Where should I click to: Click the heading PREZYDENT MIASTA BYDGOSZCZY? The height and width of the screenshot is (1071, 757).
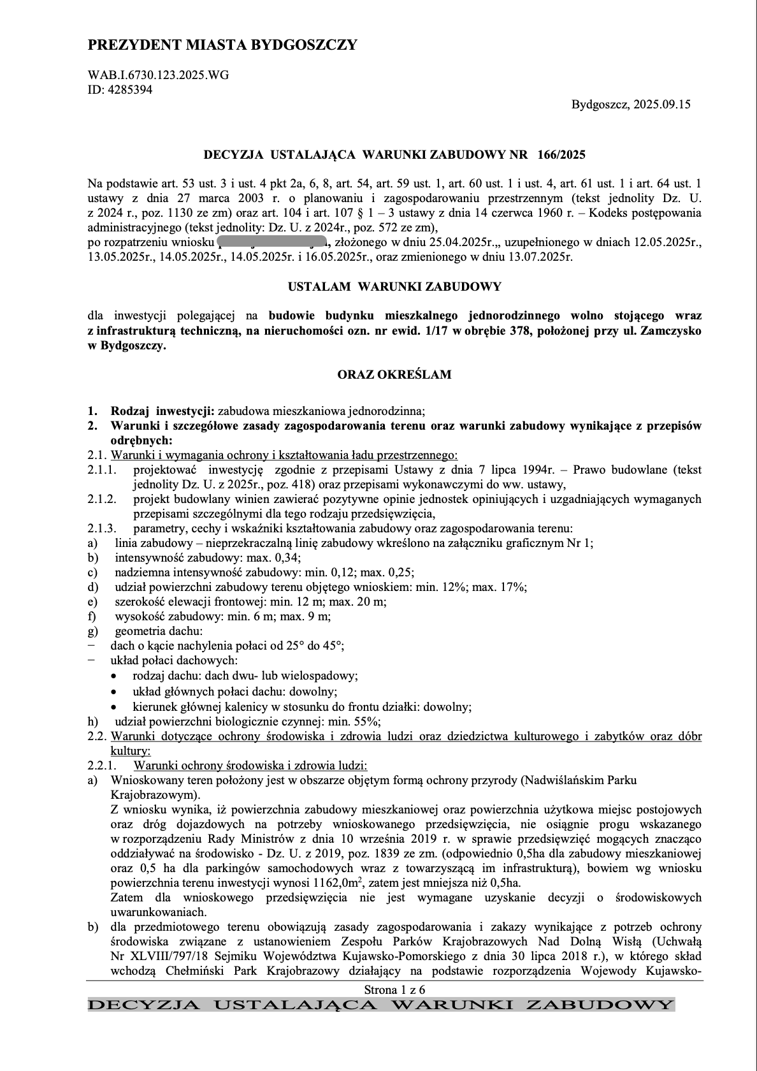pos(222,45)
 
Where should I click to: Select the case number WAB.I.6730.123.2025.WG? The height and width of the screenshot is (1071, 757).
pos(158,75)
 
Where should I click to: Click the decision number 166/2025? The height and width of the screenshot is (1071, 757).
pos(561,155)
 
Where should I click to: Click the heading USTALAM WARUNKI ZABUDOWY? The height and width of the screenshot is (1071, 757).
pos(394,287)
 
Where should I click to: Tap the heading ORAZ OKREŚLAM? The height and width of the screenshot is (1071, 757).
pos(394,374)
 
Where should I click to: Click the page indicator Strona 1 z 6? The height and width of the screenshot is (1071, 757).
pos(394,990)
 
